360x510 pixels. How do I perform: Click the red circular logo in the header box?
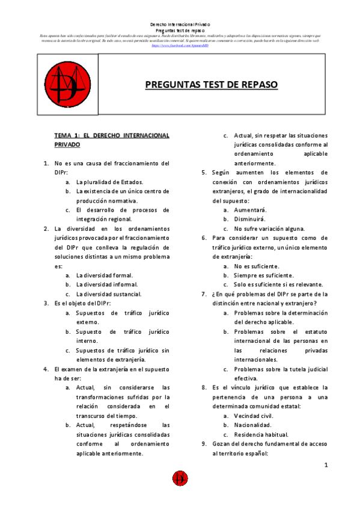click(x=67, y=84)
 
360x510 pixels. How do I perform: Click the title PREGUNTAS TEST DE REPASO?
click(x=212, y=85)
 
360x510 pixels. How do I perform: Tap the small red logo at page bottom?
click(x=180, y=479)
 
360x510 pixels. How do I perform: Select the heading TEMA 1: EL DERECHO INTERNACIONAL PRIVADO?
click(x=112, y=140)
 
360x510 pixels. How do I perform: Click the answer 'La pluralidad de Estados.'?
click(x=109, y=182)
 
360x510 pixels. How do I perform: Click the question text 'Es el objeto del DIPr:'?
click(x=82, y=304)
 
